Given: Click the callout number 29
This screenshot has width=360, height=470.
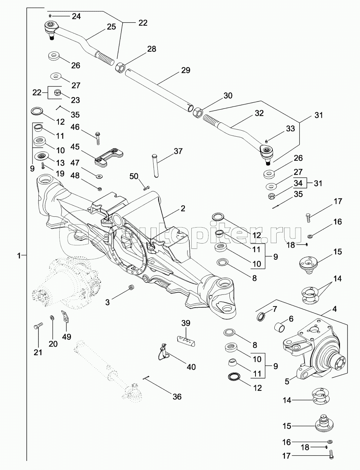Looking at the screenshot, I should (185, 70).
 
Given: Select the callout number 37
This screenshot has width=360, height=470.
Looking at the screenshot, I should (178, 151).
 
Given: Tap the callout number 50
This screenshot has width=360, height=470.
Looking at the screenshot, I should (134, 176).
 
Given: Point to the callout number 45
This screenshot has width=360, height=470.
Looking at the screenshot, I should (75, 146).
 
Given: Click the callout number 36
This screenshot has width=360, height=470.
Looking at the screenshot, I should (177, 396).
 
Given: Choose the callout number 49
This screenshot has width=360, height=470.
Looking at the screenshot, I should (66, 337).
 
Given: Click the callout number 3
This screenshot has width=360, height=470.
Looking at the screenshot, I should (108, 302).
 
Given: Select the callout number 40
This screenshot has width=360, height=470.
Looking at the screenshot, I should (191, 367).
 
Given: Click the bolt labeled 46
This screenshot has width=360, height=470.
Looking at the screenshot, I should (98, 138).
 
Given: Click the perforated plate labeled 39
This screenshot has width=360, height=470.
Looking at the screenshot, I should (186, 339).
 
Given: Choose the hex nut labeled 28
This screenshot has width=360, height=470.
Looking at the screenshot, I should (120, 68).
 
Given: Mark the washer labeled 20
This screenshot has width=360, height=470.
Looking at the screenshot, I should (52, 318).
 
